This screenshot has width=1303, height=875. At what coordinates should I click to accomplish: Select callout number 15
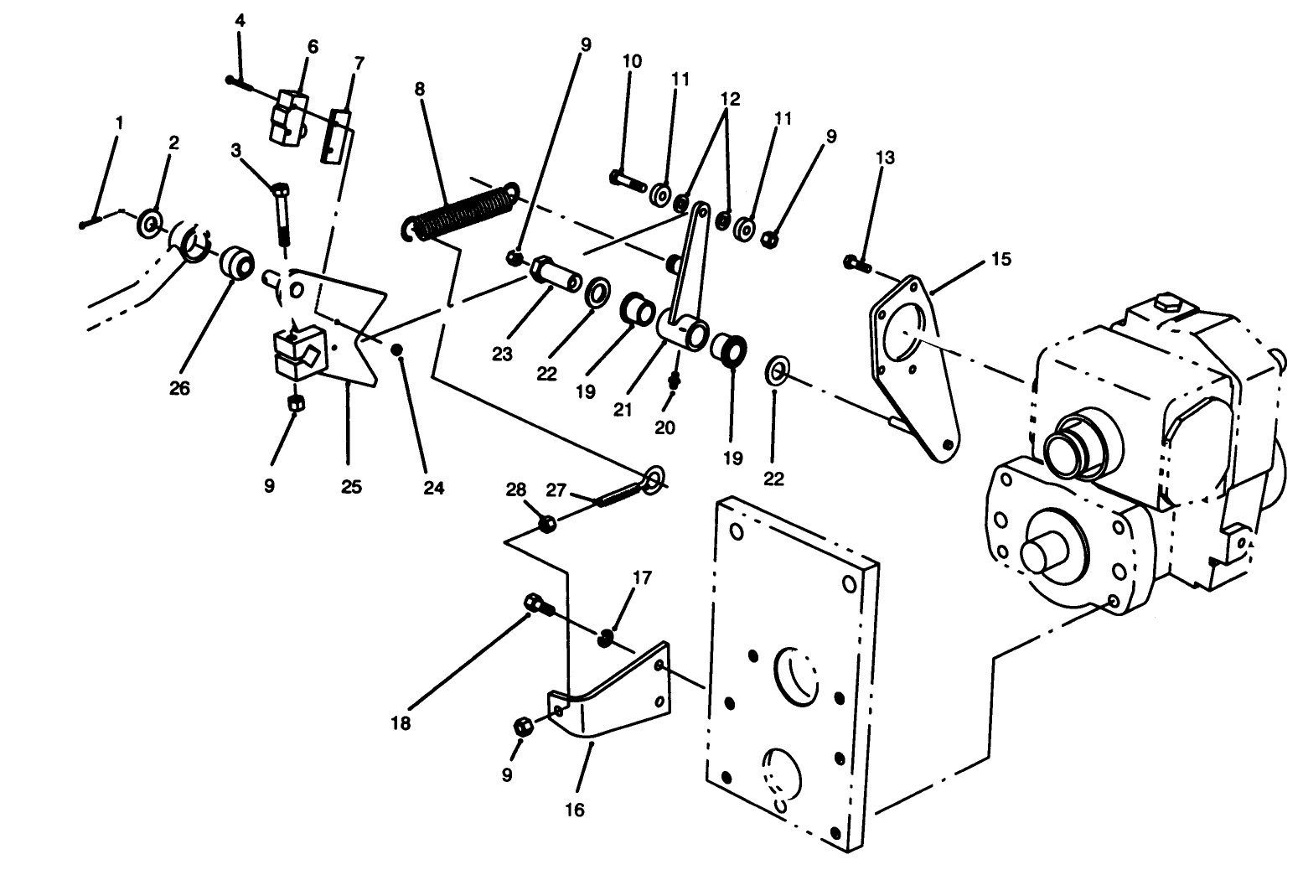pos(1001,259)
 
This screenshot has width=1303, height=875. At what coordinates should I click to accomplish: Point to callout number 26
pos(179,388)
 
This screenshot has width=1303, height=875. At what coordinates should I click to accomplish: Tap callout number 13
pos(885,158)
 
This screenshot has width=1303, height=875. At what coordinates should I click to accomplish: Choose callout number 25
pos(351,486)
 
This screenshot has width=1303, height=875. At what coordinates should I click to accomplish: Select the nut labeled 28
pos(546,525)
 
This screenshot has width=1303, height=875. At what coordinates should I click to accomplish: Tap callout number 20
pos(664,427)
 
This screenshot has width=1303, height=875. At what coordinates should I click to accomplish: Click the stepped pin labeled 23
pos(555,272)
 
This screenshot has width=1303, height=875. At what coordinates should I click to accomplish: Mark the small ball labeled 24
pos(398,349)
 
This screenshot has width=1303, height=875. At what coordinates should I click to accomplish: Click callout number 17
pos(642,577)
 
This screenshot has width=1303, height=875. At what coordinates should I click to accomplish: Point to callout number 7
pos(359,64)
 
